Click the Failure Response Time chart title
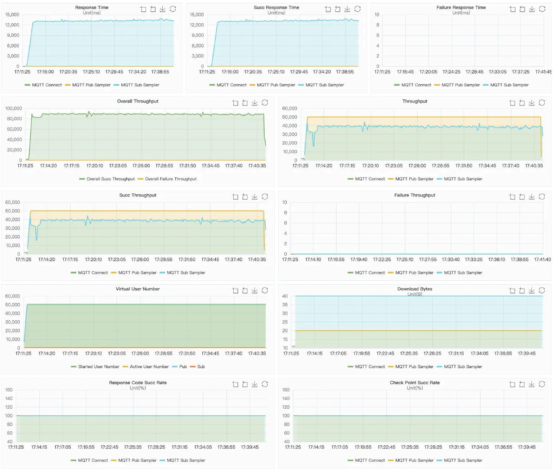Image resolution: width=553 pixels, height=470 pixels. click(x=461, y=8)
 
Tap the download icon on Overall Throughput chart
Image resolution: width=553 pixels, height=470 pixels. click(x=255, y=103)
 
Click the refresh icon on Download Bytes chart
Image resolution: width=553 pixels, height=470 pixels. click(x=541, y=290)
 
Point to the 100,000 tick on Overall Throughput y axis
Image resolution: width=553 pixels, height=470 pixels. click(x=14, y=108)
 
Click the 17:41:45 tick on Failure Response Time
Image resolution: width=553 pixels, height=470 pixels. click(x=543, y=72)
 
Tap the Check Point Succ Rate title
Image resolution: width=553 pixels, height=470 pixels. click(x=414, y=383)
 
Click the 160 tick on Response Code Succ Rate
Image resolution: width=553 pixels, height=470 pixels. click(x=9, y=390)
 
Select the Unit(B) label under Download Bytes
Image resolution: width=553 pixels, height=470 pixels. click(x=414, y=294)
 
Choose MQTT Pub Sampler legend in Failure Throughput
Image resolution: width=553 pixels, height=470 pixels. click(x=414, y=273)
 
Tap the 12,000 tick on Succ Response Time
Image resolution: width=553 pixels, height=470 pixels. click(x=197, y=25)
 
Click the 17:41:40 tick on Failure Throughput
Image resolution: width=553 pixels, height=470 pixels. click(x=542, y=259)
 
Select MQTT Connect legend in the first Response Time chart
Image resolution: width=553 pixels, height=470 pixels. click(x=46, y=85)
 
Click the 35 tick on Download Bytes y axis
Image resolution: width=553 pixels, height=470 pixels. click(x=285, y=305)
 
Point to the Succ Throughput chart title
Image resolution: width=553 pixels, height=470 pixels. click(x=138, y=195)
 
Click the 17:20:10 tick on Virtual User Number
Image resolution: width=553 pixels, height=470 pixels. click(x=93, y=353)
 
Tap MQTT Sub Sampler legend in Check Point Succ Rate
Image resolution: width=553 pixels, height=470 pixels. click(x=463, y=460)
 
